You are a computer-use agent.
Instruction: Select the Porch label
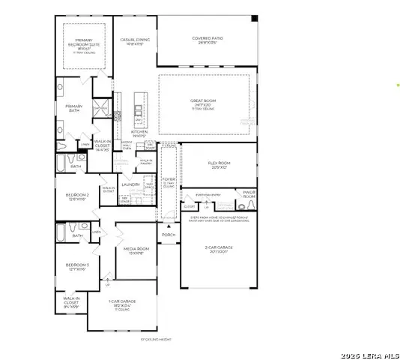169,235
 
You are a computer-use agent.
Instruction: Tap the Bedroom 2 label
77,197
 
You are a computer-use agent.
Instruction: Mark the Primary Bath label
73,108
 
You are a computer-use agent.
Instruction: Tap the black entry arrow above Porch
169,225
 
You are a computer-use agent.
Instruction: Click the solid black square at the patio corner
254,17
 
